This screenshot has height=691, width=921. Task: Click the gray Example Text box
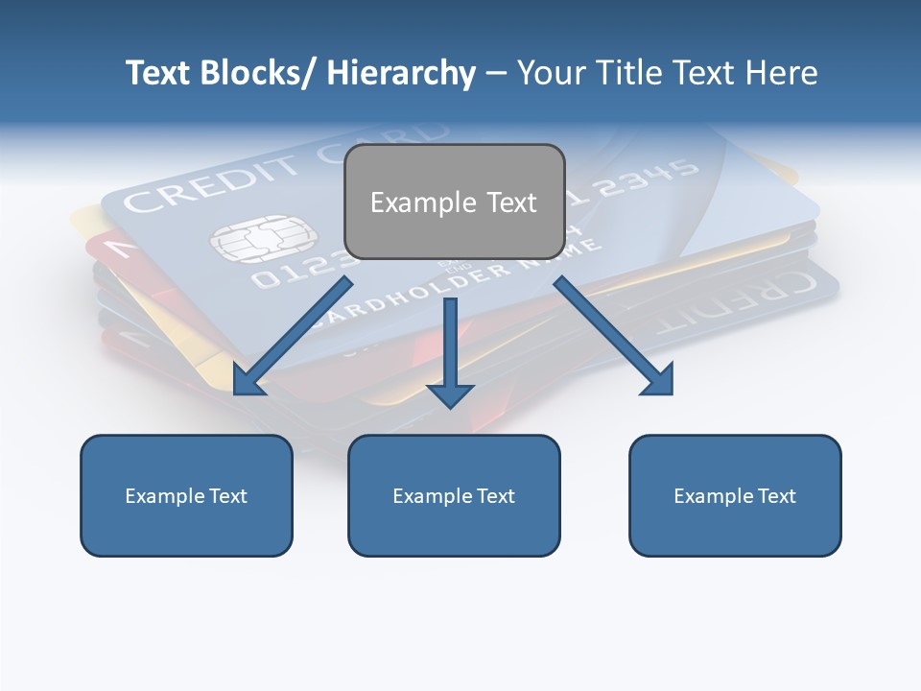pos(454,202)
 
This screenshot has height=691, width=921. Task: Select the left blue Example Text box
pos(186,495)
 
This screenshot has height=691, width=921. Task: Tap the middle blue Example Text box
pos(454,495)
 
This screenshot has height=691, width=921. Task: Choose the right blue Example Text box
pos(735,495)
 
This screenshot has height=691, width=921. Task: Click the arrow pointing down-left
pos(293,336)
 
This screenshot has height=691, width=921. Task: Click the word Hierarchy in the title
pos(401,73)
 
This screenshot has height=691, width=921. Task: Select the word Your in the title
pos(551,73)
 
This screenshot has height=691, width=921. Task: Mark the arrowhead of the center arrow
pos(451,393)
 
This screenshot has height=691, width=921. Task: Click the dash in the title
pos(496,73)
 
